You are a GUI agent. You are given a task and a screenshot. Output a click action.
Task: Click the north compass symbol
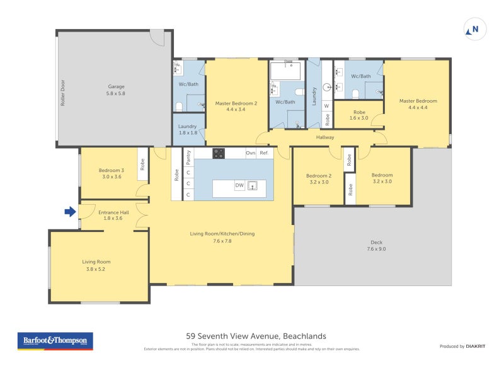click(474, 28)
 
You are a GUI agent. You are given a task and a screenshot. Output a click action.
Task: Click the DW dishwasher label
click(239, 185)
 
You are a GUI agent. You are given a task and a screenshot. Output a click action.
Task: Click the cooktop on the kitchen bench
click(219, 152)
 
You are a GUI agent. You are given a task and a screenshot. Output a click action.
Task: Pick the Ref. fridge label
click(264, 153)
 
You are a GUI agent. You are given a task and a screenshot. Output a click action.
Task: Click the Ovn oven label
click(249, 153)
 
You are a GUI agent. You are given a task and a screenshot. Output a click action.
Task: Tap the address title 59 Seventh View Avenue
click(256, 336)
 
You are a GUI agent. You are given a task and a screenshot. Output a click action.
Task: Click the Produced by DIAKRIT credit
click(462, 346)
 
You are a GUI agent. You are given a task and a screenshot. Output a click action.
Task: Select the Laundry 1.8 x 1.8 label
click(188, 129)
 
